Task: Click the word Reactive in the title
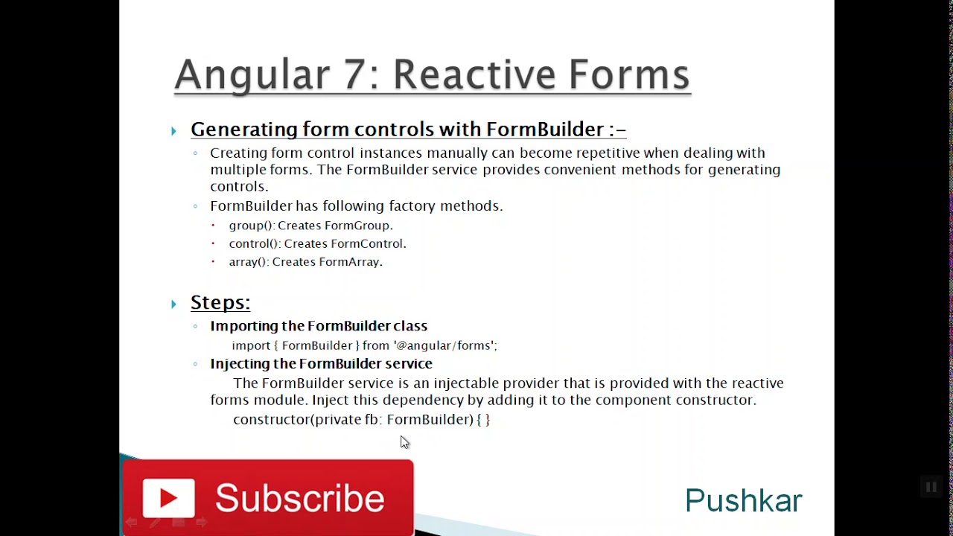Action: click(474, 74)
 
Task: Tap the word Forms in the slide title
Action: click(629, 74)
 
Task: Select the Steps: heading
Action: click(220, 302)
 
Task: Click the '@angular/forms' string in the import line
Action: click(444, 345)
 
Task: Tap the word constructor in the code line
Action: click(271, 420)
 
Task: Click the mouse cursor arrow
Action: click(404, 442)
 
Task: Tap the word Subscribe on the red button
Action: click(300, 498)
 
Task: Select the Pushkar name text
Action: click(743, 501)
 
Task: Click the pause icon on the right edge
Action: click(931, 488)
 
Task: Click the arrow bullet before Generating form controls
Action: click(173, 131)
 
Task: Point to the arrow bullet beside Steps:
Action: click(173, 304)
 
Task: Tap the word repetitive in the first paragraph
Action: click(597, 153)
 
